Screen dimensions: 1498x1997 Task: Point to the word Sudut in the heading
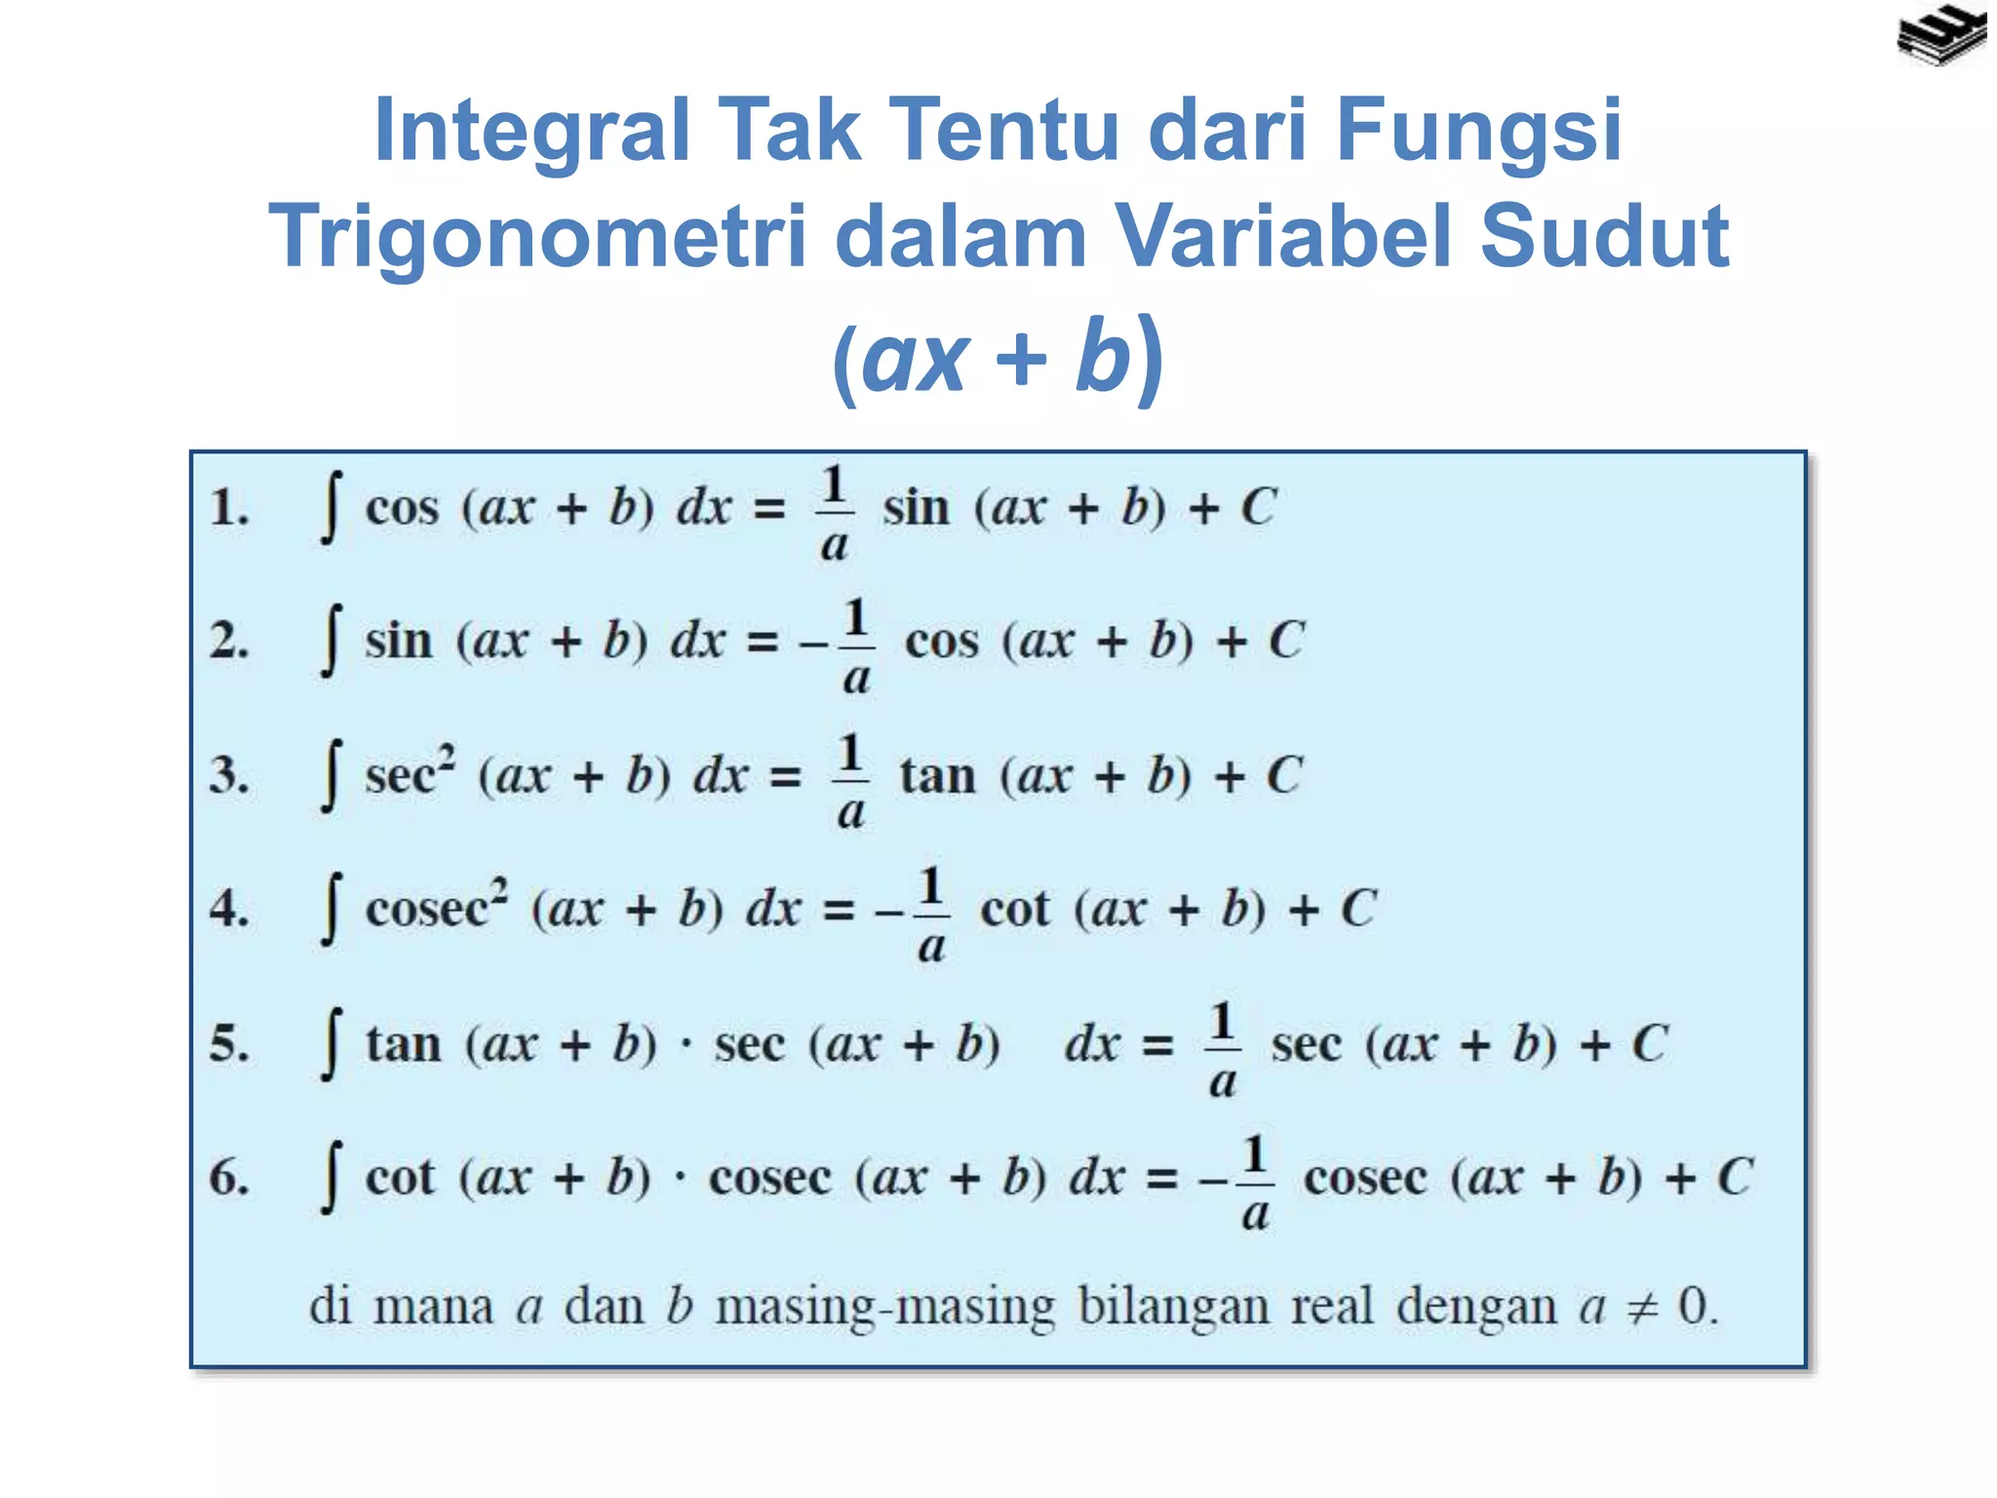1605,236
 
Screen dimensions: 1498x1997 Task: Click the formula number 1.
229,508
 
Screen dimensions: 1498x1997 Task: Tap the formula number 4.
229,909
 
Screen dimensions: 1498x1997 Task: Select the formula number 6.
229,1177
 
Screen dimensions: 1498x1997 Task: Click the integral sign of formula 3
332,776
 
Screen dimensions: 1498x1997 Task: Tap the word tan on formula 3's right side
937,776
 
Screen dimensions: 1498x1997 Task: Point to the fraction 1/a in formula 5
1223,1049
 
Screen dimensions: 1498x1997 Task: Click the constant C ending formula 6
1735,1177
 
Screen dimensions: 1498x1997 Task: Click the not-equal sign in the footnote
1642,1308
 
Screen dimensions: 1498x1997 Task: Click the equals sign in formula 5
1157,1046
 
